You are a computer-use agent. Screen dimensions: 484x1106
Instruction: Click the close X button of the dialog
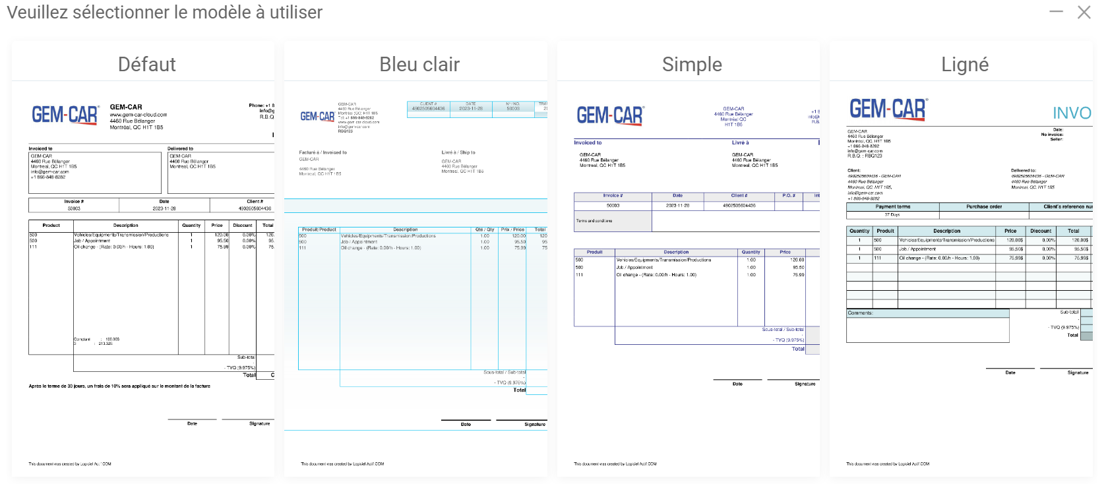(x=1084, y=13)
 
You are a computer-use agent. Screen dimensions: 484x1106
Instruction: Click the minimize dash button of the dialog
(x=1056, y=12)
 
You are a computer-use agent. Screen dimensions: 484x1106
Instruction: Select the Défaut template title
(x=146, y=65)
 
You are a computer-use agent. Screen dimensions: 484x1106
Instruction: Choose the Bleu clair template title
(x=419, y=65)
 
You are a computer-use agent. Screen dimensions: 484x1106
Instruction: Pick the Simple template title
(x=692, y=65)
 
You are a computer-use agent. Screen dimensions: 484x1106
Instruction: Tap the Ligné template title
(x=965, y=65)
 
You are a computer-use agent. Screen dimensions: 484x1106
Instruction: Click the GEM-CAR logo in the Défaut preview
(x=65, y=115)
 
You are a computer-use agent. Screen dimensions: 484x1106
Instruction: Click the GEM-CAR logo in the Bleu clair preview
(x=317, y=117)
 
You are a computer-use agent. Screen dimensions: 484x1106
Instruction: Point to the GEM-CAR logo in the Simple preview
(x=610, y=115)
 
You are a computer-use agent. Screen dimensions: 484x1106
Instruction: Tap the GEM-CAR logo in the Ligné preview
(x=888, y=109)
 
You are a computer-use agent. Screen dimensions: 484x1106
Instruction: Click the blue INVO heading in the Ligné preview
(x=1072, y=113)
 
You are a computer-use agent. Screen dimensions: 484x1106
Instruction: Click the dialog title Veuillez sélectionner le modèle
(x=164, y=13)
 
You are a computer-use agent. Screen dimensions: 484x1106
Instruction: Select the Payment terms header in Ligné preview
(x=892, y=207)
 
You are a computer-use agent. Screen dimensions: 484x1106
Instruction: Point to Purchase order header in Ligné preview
(x=983, y=207)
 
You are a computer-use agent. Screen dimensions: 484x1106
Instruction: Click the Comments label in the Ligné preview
(x=860, y=313)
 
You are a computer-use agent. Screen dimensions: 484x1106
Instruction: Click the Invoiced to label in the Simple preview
(x=588, y=143)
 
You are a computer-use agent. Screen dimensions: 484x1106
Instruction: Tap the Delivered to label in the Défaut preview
(x=180, y=149)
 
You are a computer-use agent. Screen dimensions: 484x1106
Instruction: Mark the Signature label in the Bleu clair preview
(x=534, y=425)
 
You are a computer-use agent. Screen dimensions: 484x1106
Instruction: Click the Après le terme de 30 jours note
(x=119, y=386)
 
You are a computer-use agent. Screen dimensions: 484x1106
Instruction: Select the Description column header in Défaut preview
(x=125, y=226)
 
